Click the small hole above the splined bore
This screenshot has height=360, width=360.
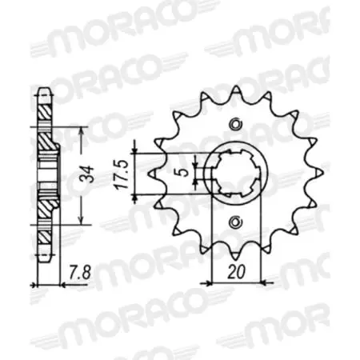click(x=234, y=123)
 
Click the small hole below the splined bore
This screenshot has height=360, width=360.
click(x=234, y=221)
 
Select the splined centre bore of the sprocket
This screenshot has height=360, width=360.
click(x=234, y=172)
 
